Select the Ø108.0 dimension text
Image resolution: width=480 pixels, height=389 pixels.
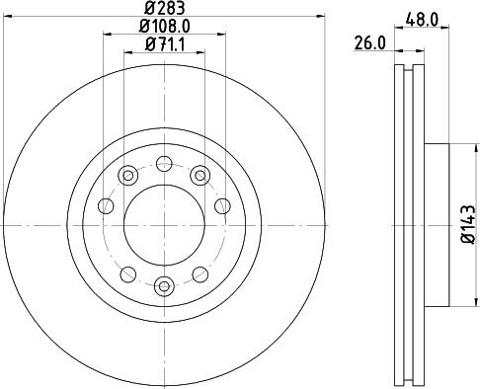click(x=163, y=27)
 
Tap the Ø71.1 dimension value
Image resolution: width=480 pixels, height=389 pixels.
click(x=163, y=43)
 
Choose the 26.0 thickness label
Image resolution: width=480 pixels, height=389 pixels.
click(x=370, y=43)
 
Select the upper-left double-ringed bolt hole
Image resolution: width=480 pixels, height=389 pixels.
click(x=126, y=176)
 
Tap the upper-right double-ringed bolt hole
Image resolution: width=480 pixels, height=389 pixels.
click(x=201, y=176)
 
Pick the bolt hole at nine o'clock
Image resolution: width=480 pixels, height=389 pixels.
click(x=107, y=206)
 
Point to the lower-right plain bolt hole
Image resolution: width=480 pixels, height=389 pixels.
click(x=200, y=273)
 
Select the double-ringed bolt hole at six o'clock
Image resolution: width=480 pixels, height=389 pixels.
click(x=164, y=286)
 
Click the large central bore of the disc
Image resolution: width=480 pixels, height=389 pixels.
click(x=164, y=223)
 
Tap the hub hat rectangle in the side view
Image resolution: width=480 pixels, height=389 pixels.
click(x=437, y=223)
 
